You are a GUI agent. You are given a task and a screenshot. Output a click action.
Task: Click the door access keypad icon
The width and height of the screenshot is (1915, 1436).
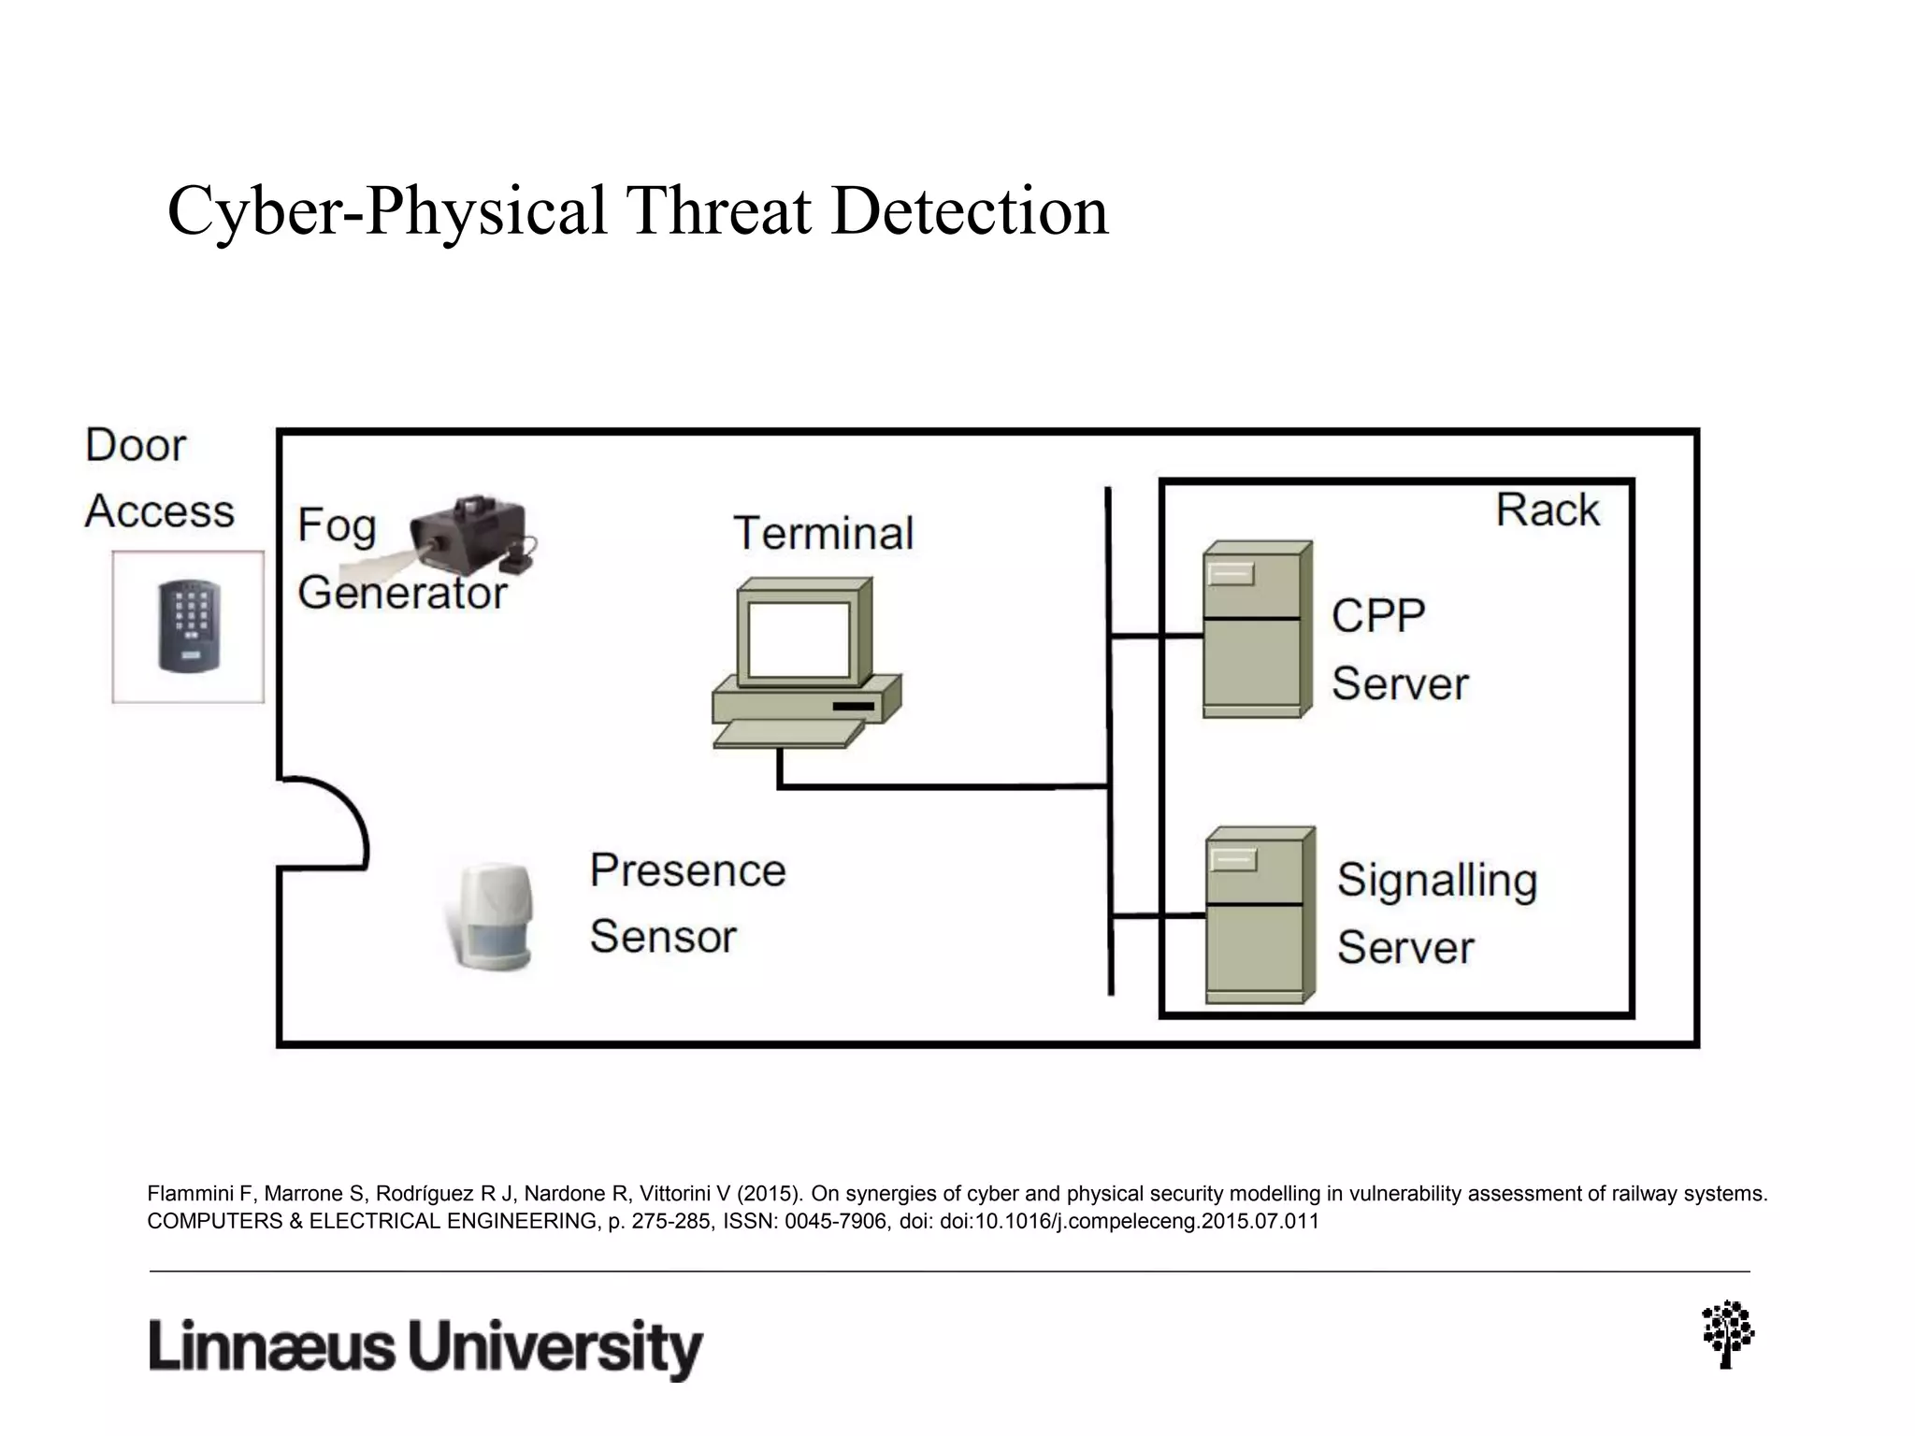click(189, 625)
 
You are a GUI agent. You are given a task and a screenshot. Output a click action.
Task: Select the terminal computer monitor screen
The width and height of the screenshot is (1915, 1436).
click(799, 639)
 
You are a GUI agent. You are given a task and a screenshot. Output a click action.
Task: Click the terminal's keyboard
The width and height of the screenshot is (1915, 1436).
click(786, 734)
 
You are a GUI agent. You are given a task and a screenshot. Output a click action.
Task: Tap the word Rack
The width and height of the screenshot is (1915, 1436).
click(1547, 510)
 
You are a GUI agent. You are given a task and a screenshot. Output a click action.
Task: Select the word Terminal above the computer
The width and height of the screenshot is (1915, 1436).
click(823, 534)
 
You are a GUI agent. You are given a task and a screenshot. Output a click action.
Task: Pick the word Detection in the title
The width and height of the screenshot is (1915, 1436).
click(969, 211)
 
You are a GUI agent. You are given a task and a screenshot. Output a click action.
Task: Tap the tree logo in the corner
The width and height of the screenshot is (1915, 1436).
click(1727, 1333)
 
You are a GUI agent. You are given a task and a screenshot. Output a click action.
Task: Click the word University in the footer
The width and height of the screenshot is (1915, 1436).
click(555, 1347)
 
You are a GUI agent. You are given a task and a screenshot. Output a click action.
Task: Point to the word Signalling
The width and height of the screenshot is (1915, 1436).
click(1436, 881)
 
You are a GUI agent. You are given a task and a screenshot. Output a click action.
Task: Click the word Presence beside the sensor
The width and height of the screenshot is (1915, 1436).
click(687, 870)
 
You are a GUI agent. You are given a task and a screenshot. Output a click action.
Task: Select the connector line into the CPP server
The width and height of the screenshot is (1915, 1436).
click(1156, 637)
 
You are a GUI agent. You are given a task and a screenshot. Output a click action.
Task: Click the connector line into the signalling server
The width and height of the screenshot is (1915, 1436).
click(1158, 916)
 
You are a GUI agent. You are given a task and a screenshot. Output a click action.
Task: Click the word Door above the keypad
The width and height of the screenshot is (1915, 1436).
click(136, 445)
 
